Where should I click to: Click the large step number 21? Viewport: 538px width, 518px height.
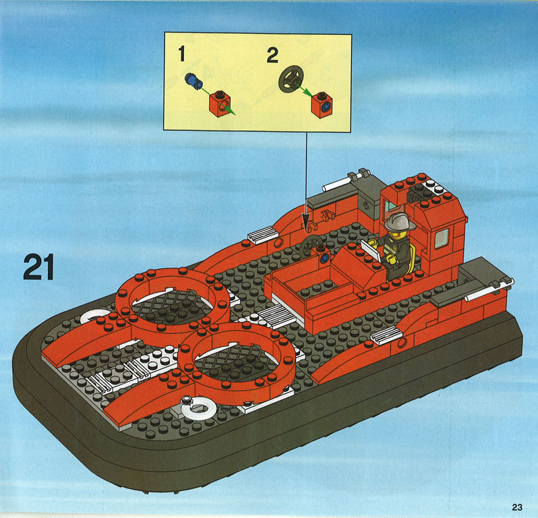tap(38, 267)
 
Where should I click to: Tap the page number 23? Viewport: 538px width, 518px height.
tap(517, 507)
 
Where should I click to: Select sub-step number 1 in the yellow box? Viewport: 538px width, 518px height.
tap(181, 54)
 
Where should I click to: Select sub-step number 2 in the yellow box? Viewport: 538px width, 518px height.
tap(272, 55)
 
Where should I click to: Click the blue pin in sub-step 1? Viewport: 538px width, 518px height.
tap(193, 82)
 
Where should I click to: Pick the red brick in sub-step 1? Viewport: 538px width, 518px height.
tap(220, 104)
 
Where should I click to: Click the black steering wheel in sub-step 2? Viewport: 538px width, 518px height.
tap(291, 79)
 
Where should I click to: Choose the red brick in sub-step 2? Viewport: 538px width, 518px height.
tap(322, 105)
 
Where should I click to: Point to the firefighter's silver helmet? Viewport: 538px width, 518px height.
tap(400, 221)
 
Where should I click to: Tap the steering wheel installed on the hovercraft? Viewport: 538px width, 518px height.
tap(310, 245)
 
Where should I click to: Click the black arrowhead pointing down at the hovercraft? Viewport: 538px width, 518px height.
tap(305, 221)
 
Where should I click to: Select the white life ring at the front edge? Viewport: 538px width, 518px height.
tap(199, 408)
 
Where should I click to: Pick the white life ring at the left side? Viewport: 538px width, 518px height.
tap(95, 316)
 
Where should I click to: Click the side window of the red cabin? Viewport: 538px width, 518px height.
tap(441, 238)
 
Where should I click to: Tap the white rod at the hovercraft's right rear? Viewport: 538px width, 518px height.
tap(489, 290)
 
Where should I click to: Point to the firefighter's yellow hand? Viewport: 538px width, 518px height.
tap(392, 259)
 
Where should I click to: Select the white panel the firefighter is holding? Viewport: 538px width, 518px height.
tap(371, 250)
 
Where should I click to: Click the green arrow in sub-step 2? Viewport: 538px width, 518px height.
tap(303, 90)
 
